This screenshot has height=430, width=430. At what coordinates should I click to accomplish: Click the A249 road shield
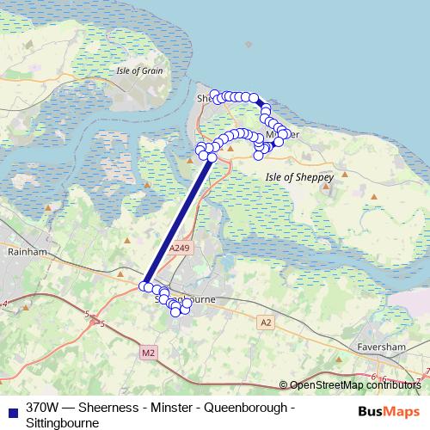(178, 248)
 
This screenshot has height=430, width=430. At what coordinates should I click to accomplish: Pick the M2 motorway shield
(147, 353)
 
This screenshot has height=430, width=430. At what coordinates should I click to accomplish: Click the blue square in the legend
(13, 408)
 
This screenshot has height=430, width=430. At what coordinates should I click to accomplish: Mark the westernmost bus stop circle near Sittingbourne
(144, 286)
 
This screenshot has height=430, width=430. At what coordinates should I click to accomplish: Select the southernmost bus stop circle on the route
(176, 311)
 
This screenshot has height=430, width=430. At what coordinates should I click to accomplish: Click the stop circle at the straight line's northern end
(212, 157)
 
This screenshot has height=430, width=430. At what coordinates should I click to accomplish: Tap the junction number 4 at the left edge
(4, 304)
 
